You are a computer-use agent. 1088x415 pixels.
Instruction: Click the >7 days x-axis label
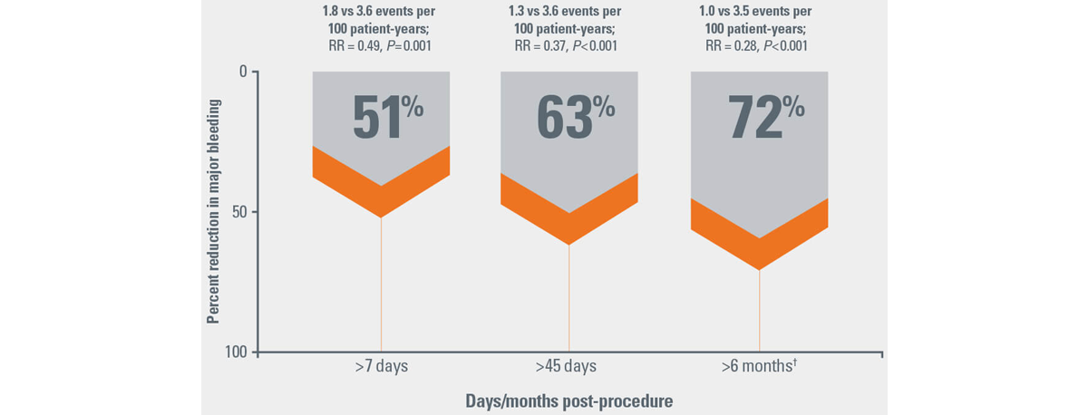381,367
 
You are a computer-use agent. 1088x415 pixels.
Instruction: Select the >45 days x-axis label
569,367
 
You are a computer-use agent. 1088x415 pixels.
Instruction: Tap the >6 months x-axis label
759,367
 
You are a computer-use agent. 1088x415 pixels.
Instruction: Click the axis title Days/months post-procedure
569,400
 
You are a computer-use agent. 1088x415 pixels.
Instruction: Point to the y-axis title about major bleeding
213,212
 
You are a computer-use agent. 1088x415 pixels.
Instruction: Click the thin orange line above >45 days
569,299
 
